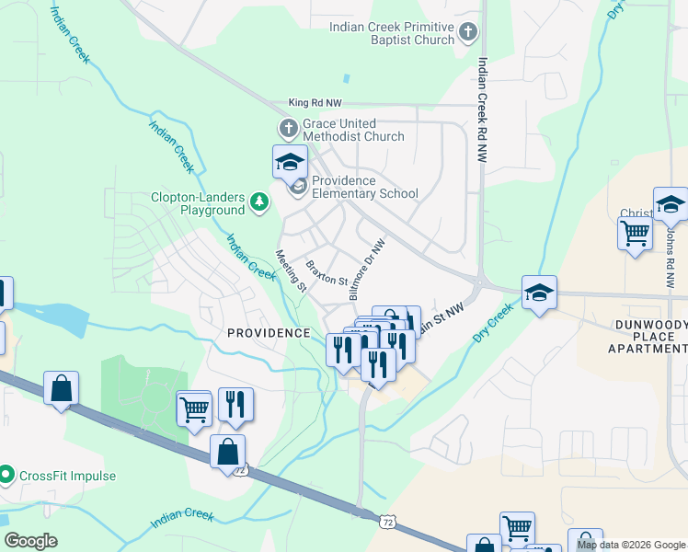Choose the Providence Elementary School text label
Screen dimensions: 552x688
click(364, 187)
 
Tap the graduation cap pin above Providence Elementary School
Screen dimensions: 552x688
click(291, 162)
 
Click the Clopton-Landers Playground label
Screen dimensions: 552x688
click(199, 203)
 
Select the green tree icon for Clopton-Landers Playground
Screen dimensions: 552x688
click(260, 201)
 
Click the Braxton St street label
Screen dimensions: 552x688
click(327, 272)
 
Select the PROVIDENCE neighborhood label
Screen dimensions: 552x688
click(269, 333)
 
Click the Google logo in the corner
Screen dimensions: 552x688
click(30, 541)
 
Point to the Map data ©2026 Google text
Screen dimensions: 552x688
click(630, 545)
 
